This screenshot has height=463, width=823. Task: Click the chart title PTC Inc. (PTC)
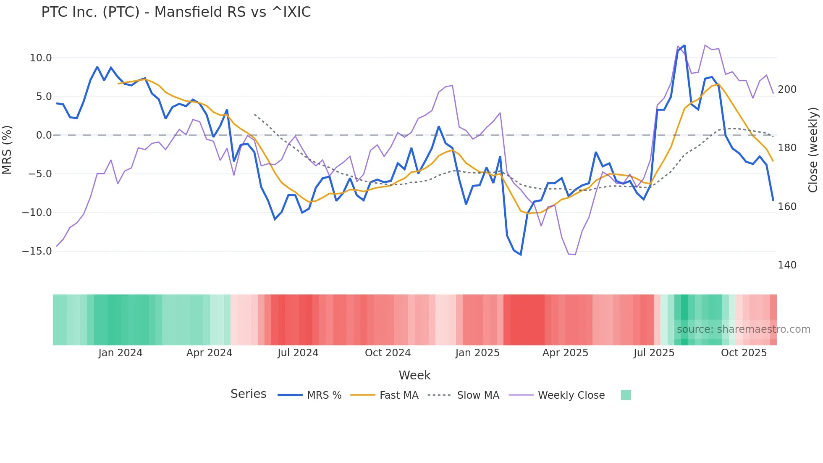tap(176, 12)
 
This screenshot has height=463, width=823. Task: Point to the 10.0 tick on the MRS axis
tap(41, 58)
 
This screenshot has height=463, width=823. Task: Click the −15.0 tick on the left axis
tap(37, 251)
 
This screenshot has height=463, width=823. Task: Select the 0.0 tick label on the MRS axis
tap(44, 135)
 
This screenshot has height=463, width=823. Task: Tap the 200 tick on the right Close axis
tap(787, 89)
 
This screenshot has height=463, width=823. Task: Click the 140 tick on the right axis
tap(787, 265)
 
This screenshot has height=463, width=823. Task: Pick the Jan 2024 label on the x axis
tap(121, 353)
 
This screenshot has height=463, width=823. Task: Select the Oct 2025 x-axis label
tap(744, 353)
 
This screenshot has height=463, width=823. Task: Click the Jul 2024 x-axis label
tap(298, 353)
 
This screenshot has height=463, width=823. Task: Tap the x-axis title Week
tap(414, 375)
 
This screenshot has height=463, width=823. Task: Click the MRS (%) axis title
tap(7, 150)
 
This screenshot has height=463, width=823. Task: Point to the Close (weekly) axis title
tap(813, 150)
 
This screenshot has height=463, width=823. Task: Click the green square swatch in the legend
tap(626, 395)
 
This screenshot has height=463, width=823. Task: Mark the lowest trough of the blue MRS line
tap(521, 255)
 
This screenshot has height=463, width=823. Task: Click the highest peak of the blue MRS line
tap(684, 45)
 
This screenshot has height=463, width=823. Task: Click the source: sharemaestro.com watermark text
tap(743, 329)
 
